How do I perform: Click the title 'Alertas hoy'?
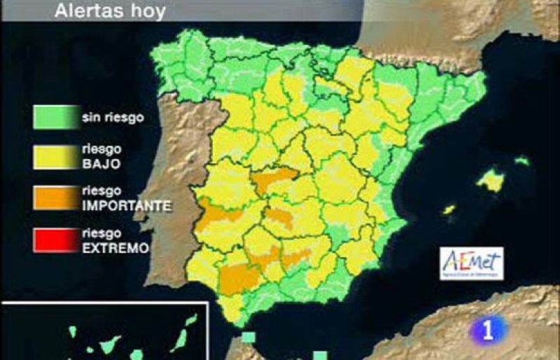pyautogui.click(x=110, y=11)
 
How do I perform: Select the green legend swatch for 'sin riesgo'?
pyautogui.click(x=55, y=117)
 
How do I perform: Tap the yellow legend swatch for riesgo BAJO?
pyautogui.click(x=55, y=158)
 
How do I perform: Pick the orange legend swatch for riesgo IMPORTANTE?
pyautogui.click(x=55, y=198)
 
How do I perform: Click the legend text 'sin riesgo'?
pyautogui.click(x=113, y=117)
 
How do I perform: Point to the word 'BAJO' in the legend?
pyautogui.click(x=101, y=164)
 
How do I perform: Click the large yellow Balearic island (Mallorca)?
pyautogui.click(x=491, y=181)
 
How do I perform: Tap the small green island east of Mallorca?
pyautogui.click(x=522, y=160)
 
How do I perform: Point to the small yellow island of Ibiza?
pyautogui.click(x=449, y=209)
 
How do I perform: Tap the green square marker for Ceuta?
pyautogui.click(x=248, y=338)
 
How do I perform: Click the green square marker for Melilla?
pyautogui.click(x=320, y=354)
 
